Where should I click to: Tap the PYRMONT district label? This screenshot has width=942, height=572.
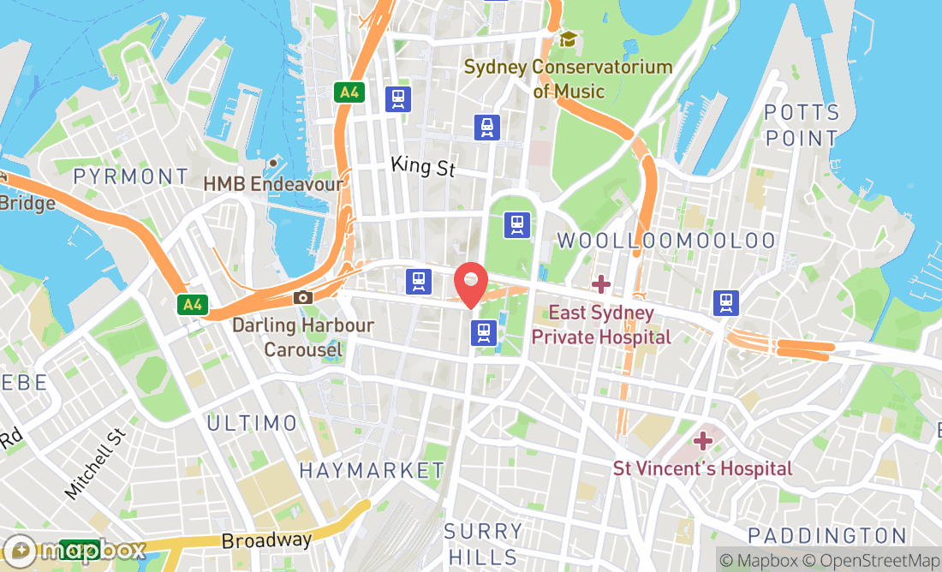[x=131, y=177]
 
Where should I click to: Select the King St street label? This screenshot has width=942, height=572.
[x=423, y=165]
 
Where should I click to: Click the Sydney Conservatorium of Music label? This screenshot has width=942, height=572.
[x=568, y=79]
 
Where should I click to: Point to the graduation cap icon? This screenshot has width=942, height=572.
[x=567, y=39]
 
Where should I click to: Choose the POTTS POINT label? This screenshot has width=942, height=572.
[x=802, y=125]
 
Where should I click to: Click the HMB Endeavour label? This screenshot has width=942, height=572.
[x=273, y=183]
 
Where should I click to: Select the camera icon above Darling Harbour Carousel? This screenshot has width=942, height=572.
[x=302, y=297]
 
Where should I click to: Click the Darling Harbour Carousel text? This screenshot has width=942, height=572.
[x=303, y=337]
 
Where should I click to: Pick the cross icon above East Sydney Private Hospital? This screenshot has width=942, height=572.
[x=601, y=283]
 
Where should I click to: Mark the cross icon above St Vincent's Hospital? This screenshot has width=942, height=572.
[x=703, y=441]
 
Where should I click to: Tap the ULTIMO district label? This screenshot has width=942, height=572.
[x=252, y=423]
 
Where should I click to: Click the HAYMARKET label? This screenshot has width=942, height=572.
[x=372, y=470]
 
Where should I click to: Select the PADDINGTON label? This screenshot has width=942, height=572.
[x=826, y=536]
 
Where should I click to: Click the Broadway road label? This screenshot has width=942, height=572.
[x=266, y=541]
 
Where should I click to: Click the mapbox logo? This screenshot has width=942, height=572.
[x=75, y=550]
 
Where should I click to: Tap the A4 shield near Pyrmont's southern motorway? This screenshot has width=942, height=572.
[x=193, y=304]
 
